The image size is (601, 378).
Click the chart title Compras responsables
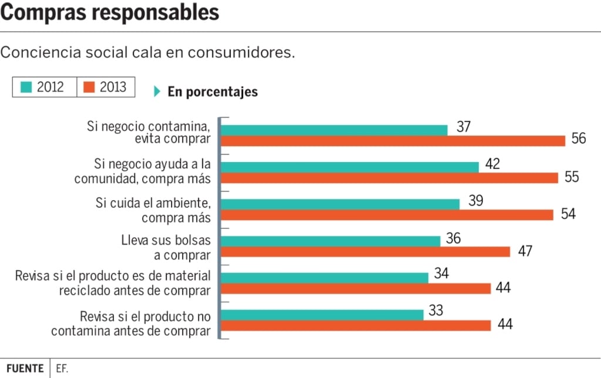point(110,12)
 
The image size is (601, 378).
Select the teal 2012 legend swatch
point(26,87)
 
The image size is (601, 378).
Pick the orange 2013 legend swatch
point(89,87)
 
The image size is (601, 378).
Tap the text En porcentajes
point(212,92)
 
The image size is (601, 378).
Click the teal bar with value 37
point(334,130)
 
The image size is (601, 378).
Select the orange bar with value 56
point(393,141)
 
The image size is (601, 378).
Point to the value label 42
point(492,164)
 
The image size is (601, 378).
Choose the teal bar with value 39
point(340,204)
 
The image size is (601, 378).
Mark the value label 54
point(568,214)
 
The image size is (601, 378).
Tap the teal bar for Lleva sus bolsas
point(331,241)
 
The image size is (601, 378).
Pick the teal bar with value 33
point(322,315)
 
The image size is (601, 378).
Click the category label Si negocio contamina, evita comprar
point(148,133)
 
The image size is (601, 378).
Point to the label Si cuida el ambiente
point(153,203)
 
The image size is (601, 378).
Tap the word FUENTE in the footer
point(25,369)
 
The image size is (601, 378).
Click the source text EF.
point(62,369)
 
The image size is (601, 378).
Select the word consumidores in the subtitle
point(241,52)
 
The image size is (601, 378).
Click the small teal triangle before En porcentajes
point(157,92)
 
